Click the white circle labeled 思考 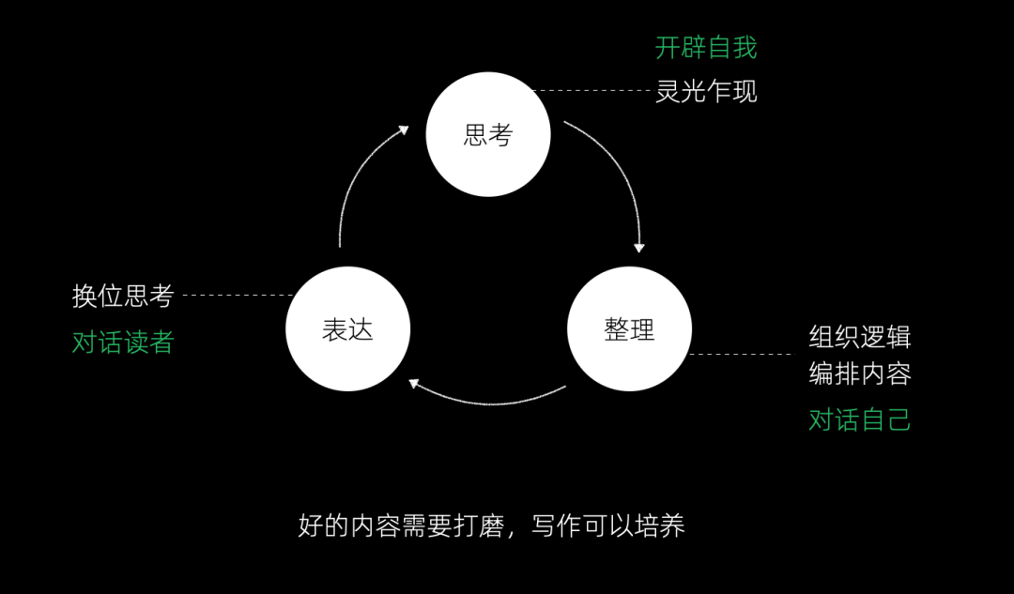click(x=488, y=134)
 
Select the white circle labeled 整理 click(x=629, y=329)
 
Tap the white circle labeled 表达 click(x=347, y=329)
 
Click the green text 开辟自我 click(x=706, y=48)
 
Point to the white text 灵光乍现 click(x=706, y=92)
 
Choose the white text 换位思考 click(x=123, y=296)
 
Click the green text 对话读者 click(x=123, y=342)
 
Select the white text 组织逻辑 click(x=860, y=337)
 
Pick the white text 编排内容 click(x=860, y=373)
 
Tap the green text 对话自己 click(x=860, y=419)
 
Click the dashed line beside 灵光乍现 click(x=591, y=91)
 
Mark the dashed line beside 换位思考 click(x=235, y=295)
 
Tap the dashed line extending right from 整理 click(x=742, y=354)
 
